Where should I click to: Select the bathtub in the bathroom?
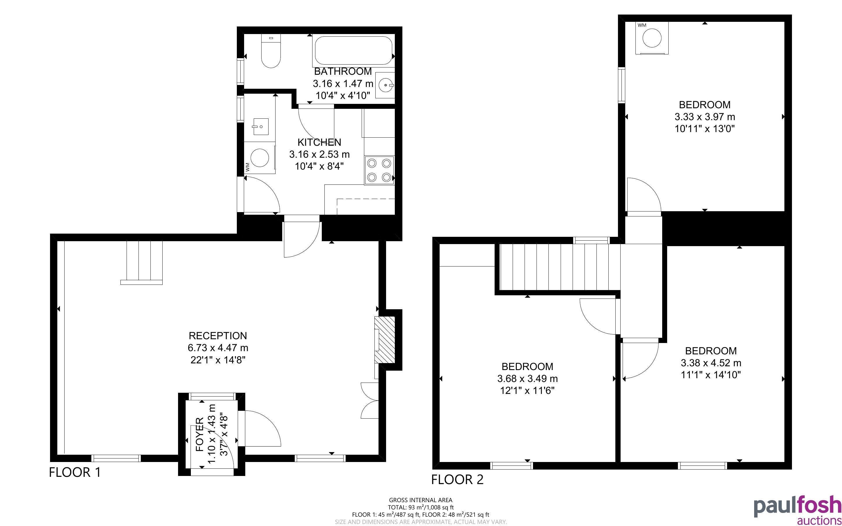(x=353, y=50)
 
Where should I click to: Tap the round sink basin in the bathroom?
(x=385, y=85)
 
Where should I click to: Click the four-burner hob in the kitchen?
(x=379, y=170)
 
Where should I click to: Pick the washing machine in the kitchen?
(x=260, y=158)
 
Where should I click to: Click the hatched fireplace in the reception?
(x=385, y=340)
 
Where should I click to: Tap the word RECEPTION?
(x=218, y=336)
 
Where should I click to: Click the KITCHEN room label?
(x=319, y=142)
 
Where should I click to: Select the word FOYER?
(x=200, y=435)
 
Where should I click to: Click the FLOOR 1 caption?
(x=75, y=472)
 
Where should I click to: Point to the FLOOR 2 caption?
(x=457, y=480)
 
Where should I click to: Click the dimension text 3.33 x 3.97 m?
(x=705, y=117)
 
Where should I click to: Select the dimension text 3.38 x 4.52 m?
(x=711, y=363)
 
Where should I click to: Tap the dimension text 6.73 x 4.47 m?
(x=218, y=348)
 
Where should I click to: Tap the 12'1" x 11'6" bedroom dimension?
(x=527, y=391)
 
